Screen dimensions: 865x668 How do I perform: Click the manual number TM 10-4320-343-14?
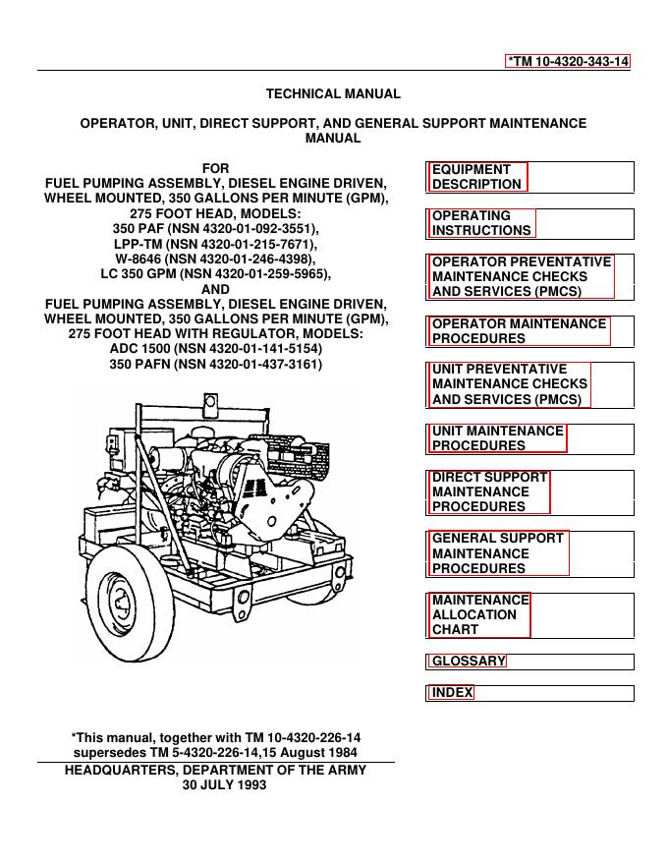pos(568,61)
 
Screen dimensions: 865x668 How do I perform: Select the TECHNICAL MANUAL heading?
pos(333,94)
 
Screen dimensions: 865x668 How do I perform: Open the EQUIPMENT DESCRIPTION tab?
pos(477,177)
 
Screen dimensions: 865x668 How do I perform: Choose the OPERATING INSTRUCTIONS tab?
pos(482,223)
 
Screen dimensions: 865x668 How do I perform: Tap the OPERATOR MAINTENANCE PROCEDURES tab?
pos(520,331)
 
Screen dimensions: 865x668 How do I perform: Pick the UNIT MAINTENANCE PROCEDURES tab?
pos(498,438)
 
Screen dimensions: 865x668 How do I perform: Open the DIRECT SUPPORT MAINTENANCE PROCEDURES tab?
pos(489,491)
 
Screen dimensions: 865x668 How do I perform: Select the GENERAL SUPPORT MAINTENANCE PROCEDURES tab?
pos(498,553)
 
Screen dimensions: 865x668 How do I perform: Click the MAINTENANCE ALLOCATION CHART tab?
pos(480,614)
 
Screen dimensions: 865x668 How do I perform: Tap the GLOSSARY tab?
pos(469,662)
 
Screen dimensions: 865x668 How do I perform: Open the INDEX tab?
pos(452,693)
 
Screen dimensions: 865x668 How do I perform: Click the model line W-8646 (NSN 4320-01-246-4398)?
pos(216,259)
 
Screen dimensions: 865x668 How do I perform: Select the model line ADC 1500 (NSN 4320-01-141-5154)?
pos(215,349)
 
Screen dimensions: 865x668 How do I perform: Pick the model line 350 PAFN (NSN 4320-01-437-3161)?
pos(215,365)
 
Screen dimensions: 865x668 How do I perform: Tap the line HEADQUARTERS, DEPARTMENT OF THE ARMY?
pos(215,771)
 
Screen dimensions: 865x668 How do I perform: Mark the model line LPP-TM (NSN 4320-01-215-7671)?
pos(216,244)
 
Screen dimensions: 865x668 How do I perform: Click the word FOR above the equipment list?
pos(215,168)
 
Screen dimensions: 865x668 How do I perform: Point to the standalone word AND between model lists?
pos(215,289)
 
